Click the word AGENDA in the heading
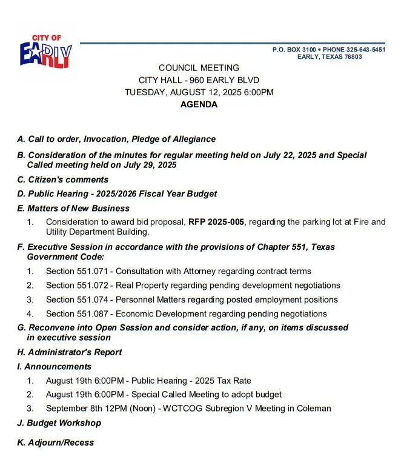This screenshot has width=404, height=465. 199,104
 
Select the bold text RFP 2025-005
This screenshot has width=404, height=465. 216,222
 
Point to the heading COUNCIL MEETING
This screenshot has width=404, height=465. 199,68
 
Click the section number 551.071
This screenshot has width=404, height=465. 94,271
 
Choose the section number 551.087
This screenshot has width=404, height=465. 94,313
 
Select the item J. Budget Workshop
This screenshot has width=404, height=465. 59,423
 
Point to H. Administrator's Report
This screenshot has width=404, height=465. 70,352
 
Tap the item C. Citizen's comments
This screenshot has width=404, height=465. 63,179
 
